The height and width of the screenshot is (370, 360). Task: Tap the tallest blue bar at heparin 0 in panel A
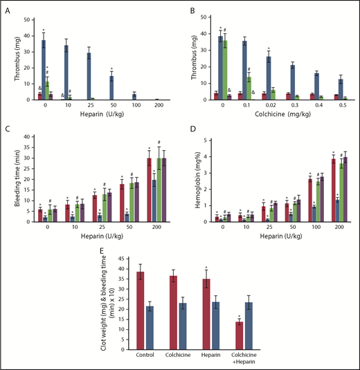43,70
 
